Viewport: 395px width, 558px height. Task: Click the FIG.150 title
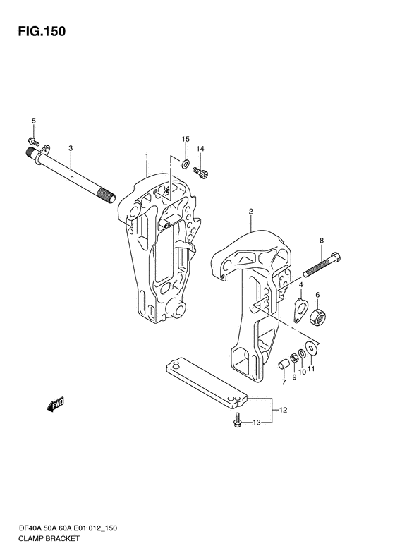click(42, 31)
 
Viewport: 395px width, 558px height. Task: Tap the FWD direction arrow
click(55, 405)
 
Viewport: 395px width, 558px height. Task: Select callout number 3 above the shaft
click(71, 148)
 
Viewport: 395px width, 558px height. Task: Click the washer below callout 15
click(186, 164)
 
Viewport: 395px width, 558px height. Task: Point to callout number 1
click(146, 156)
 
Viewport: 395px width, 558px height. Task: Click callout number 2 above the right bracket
click(250, 212)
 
